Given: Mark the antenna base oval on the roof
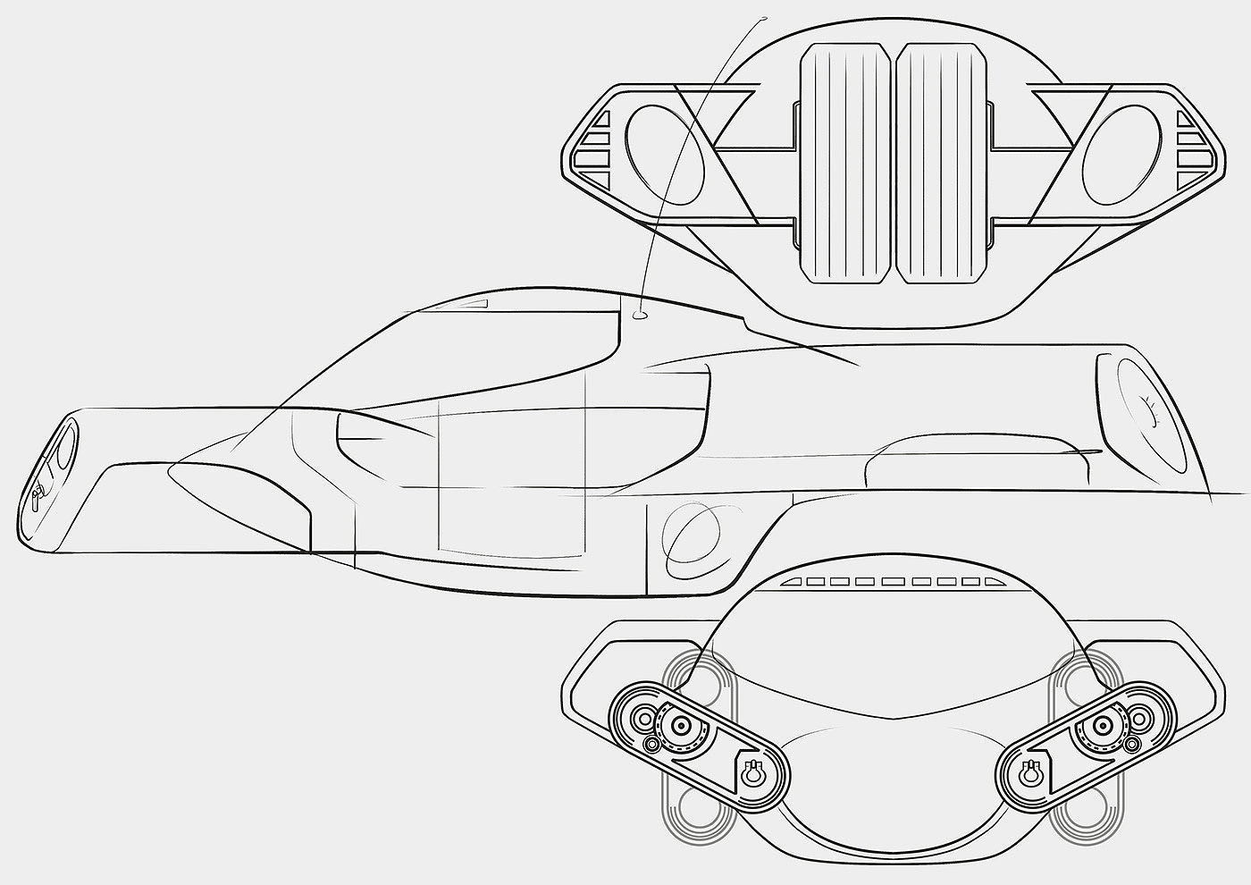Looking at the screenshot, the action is coord(640,314).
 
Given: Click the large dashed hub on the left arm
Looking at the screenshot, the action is coord(682,725).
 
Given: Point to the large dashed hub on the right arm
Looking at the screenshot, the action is coord(1102,725).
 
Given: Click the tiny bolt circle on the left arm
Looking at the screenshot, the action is coord(652,744).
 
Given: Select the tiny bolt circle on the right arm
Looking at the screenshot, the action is coord(1133,744).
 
